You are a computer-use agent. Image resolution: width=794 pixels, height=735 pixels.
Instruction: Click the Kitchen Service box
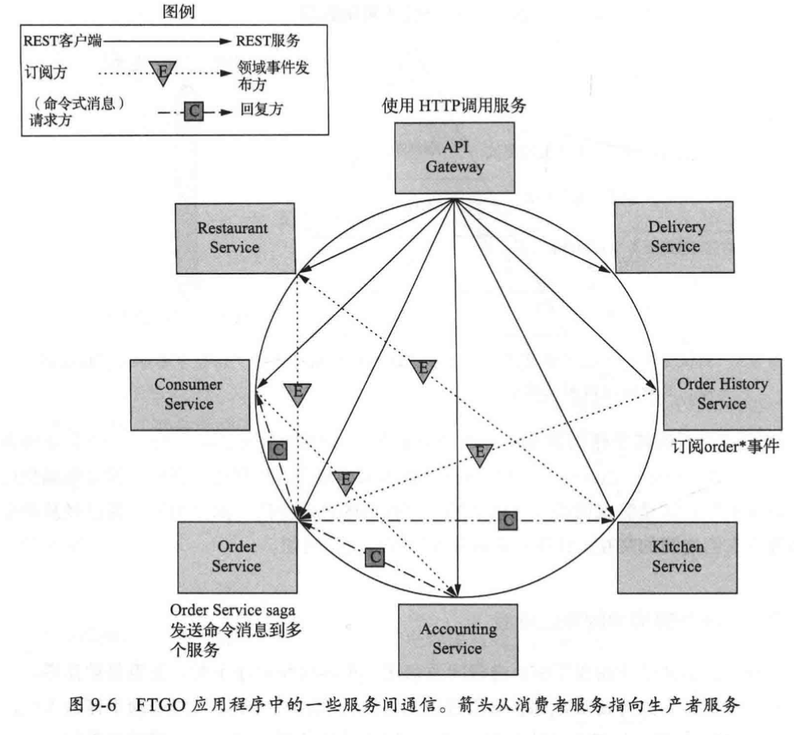coord(677,557)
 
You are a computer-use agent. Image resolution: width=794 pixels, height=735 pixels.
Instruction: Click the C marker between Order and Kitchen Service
coord(509,520)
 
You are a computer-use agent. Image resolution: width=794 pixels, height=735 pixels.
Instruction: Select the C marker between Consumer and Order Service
coord(276,450)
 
